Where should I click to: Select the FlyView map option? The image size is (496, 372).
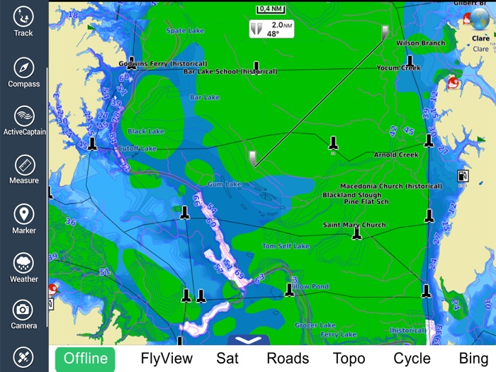(167, 359)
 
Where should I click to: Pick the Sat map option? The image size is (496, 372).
(227, 359)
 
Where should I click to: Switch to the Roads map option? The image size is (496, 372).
(288, 359)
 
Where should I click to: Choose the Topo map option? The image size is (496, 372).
(349, 359)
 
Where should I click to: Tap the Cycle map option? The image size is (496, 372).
(412, 359)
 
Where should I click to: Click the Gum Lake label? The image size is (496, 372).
(224, 184)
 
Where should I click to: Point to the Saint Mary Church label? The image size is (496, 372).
(354, 225)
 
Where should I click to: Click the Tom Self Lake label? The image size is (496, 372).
(286, 247)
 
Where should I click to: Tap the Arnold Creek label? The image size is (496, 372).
(396, 154)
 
